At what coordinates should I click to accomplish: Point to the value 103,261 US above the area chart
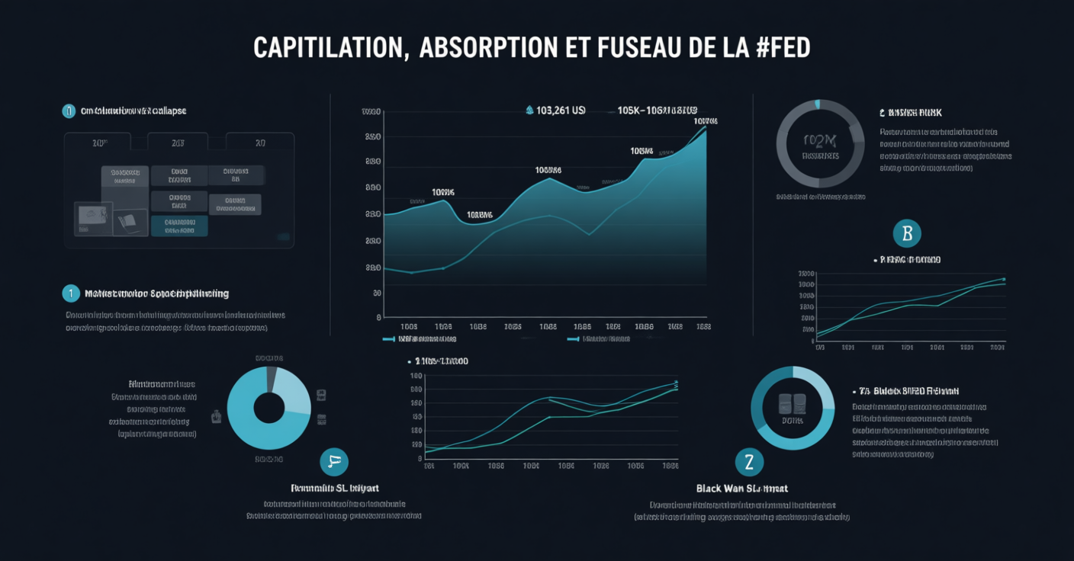click(x=561, y=111)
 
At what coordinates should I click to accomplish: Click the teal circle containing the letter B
click(x=907, y=233)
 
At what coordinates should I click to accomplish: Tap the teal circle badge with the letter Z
click(x=749, y=461)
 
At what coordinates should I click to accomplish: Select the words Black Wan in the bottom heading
click(x=717, y=488)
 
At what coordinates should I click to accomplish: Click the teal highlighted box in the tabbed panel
click(x=179, y=226)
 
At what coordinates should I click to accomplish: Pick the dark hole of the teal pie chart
click(x=268, y=408)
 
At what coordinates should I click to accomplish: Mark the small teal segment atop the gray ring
click(x=818, y=104)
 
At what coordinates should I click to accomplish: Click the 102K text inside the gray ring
click(x=820, y=140)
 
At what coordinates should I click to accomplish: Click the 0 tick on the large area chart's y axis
click(x=378, y=317)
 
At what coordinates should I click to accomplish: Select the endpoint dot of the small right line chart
click(x=1004, y=279)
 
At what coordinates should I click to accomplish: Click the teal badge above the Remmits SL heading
click(x=334, y=460)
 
